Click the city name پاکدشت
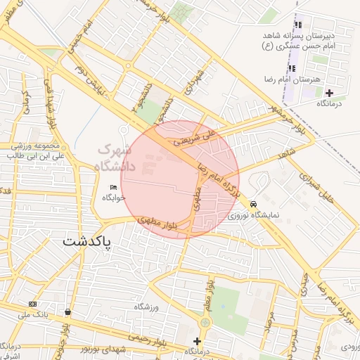tap(90, 241)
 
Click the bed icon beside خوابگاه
tap(114, 186)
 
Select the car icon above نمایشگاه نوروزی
tap(253, 205)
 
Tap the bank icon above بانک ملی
tap(32, 304)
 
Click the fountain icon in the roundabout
tap(204, 322)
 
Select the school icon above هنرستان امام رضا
tap(290, 68)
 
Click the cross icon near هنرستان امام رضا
tap(329, 93)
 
